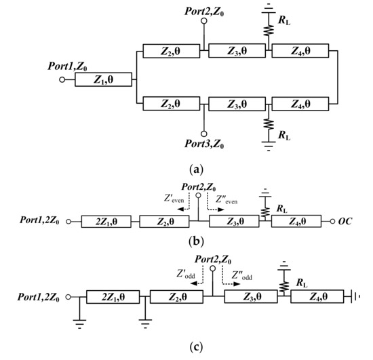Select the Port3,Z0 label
pyautogui.click(x=203, y=143)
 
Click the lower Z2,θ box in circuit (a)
pyautogui.click(x=169, y=104)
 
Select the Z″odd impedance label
pyautogui.click(x=242, y=276)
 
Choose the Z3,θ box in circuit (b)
pyautogui.click(x=235, y=220)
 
